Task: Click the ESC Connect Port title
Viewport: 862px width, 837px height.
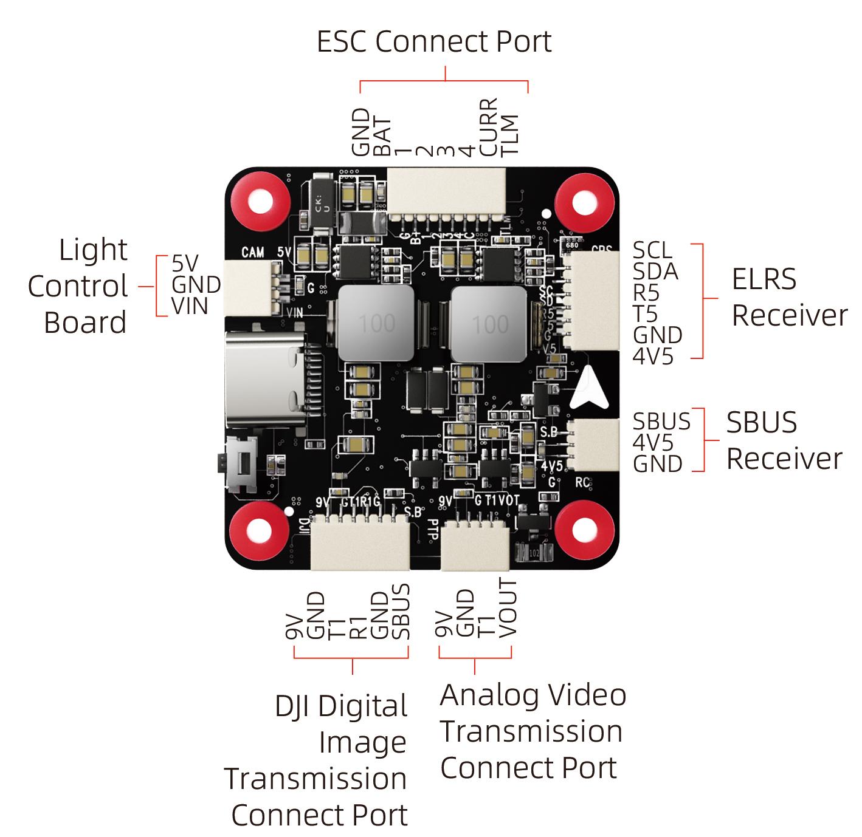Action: coord(434,42)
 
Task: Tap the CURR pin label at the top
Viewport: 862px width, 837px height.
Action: coord(489,127)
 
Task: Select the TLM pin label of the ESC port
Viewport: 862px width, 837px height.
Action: coord(509,134)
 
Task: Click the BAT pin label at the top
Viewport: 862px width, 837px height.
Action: coord(382,137)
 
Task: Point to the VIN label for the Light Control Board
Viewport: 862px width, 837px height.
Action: coord(190,306)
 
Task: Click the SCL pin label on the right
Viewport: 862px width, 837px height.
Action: coord(652,250)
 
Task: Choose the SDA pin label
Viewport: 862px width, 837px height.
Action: coord(655,272)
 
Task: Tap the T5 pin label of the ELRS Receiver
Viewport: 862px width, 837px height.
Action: coord(645,314)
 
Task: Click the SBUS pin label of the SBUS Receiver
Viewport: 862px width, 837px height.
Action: coord(661,422)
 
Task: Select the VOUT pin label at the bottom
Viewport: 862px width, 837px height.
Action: coord(508,608)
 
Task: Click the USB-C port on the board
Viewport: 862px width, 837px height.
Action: coord(265,380)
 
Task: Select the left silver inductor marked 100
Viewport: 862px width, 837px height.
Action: coord(377,324)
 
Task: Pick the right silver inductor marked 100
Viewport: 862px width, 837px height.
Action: coord(489,324)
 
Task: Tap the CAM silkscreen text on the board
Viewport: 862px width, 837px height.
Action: coord(253,251)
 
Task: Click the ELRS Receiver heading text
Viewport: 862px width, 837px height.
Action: coord(788,297)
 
